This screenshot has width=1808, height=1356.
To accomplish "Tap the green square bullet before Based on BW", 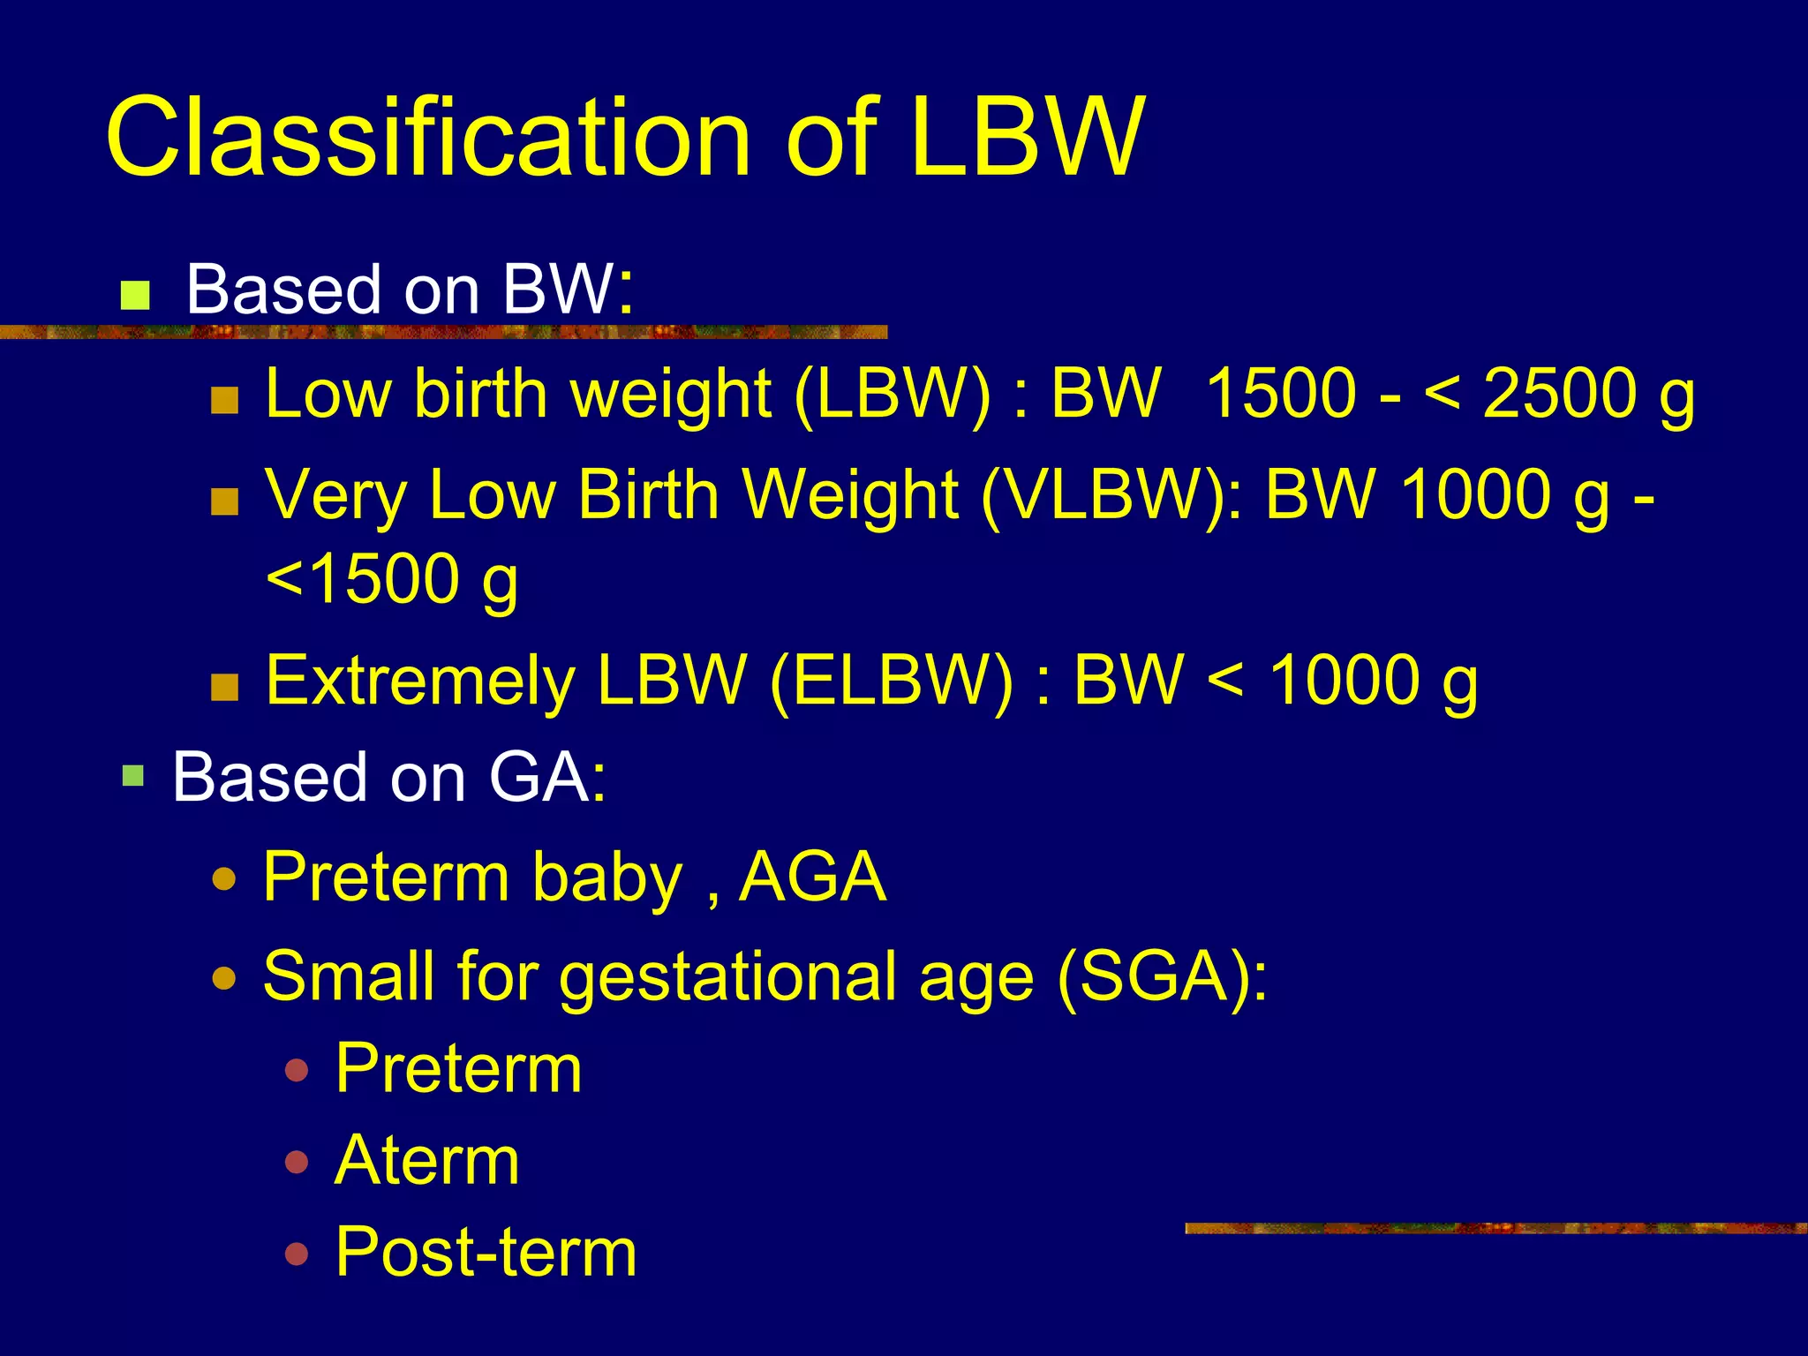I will tap(135, 295).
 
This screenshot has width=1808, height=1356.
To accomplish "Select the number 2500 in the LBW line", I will tap(1560, 393).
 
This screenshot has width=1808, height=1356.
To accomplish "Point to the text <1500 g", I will tap(392, 580).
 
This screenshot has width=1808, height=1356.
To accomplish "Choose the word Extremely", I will tap(420, 681).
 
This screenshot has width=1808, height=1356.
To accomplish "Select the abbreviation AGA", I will tap(812, 878).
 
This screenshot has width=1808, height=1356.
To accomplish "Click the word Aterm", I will tap(427, 1160).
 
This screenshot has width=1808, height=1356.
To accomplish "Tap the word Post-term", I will tap(486, 1252).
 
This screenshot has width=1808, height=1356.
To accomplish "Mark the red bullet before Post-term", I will tap(298, 1254).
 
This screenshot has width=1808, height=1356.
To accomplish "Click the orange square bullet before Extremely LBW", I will tap(225, 687).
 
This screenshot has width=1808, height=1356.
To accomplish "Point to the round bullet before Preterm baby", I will tap(225, 880).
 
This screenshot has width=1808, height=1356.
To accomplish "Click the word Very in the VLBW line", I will tap(335, 494).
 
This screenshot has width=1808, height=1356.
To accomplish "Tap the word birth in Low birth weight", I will tap(482, 393).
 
